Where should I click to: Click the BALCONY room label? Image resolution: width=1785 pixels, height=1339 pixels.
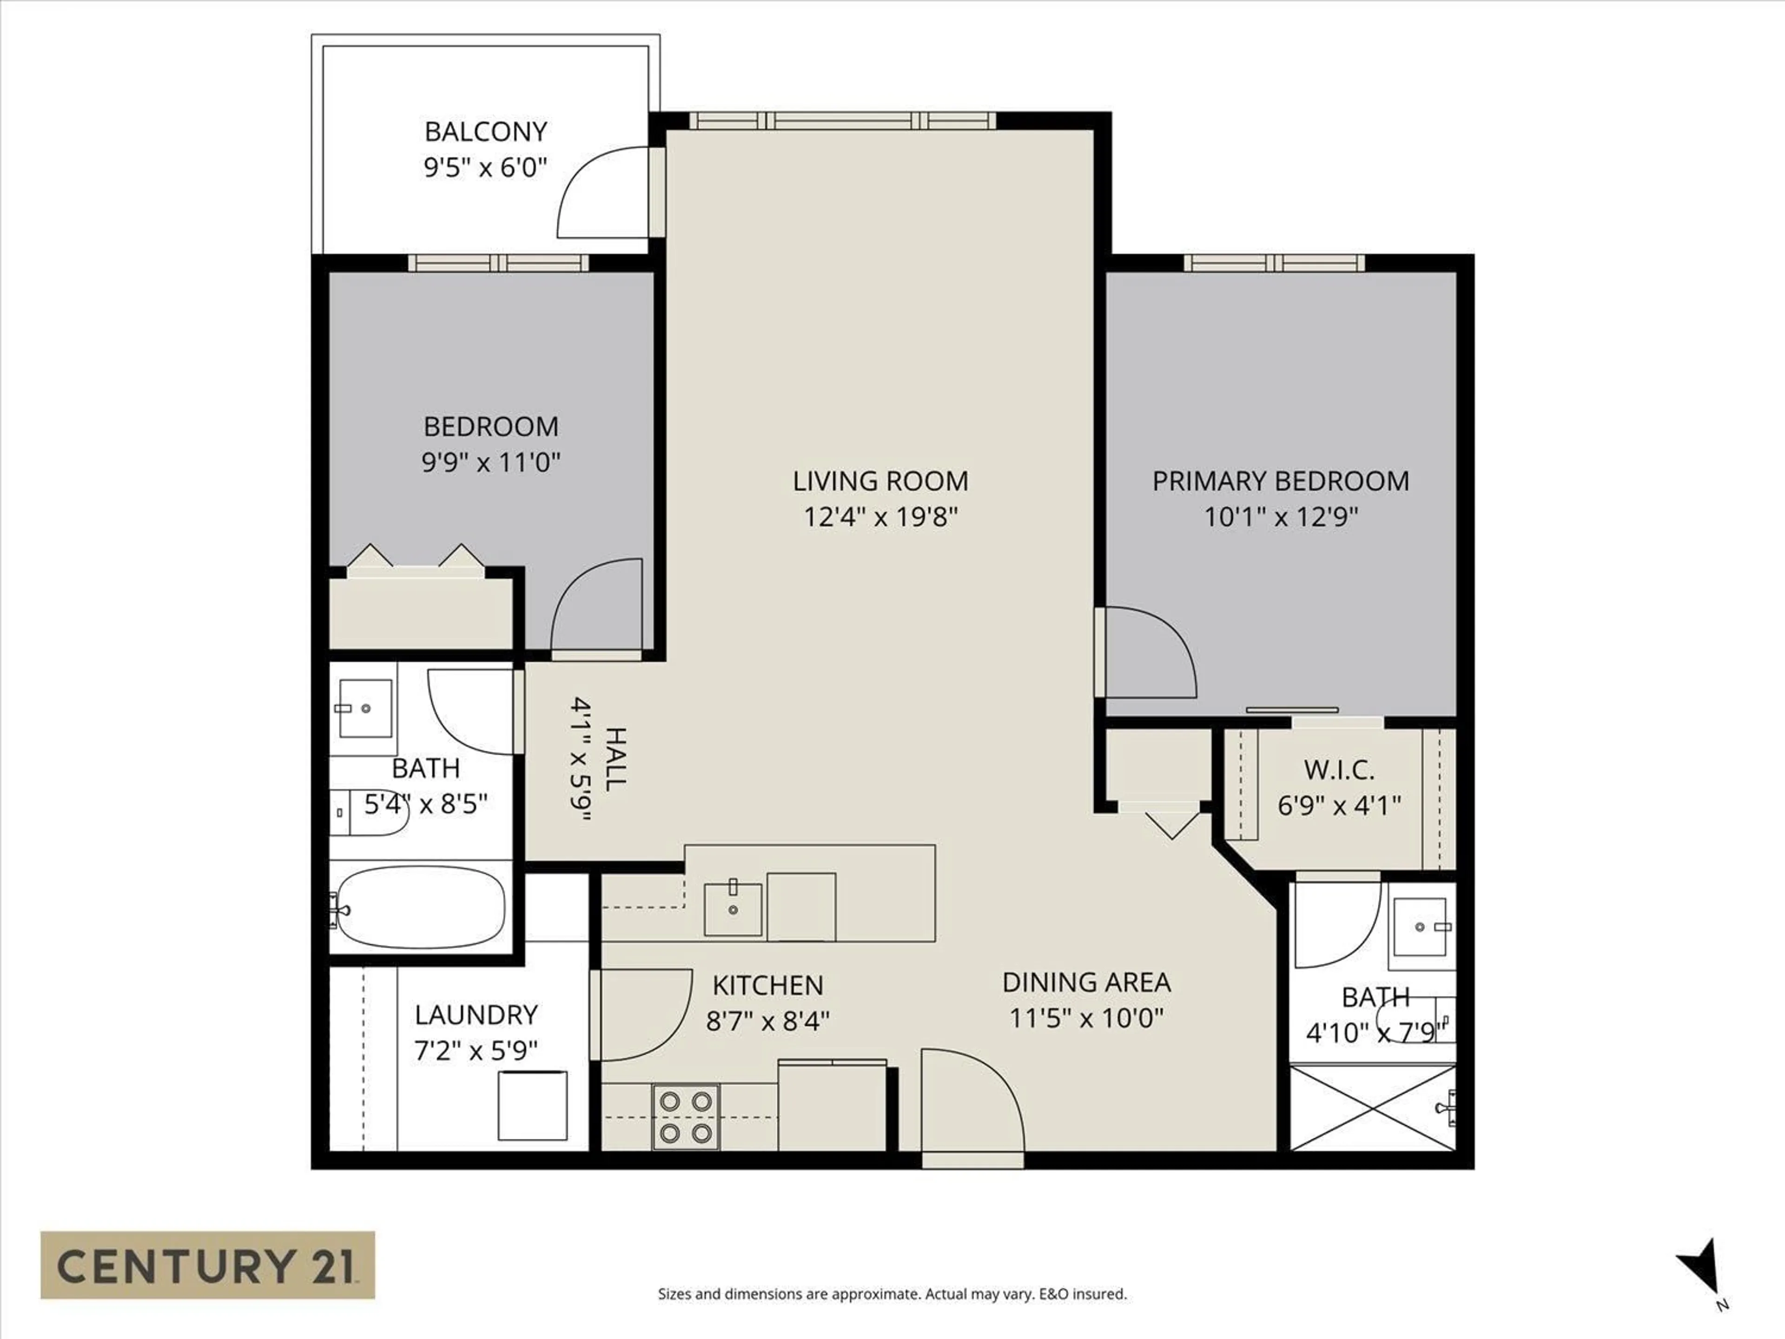(486, 132)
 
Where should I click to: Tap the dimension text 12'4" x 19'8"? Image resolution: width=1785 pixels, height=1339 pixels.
(880, 517)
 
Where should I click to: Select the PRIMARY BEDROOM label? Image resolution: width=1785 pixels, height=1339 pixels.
(1281, 481)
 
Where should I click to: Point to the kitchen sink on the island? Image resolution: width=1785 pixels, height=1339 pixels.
(733, 909)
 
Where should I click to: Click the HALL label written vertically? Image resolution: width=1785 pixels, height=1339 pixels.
(615, 759)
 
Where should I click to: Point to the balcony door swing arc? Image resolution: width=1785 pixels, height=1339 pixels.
(601, 194)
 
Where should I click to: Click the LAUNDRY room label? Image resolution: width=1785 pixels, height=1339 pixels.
(476, 1014)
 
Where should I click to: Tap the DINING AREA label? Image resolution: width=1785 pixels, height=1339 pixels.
(1086, 982)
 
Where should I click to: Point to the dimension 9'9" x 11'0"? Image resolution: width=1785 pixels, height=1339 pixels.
(490, 463)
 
